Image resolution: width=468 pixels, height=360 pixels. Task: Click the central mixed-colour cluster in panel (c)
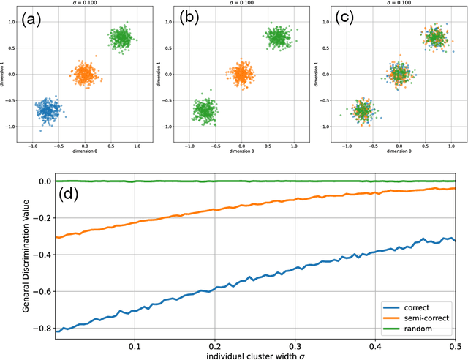coord(399,74)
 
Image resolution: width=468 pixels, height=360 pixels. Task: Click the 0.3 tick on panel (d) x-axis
coord(294,343)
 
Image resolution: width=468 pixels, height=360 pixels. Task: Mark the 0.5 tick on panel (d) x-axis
coord(454,343)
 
